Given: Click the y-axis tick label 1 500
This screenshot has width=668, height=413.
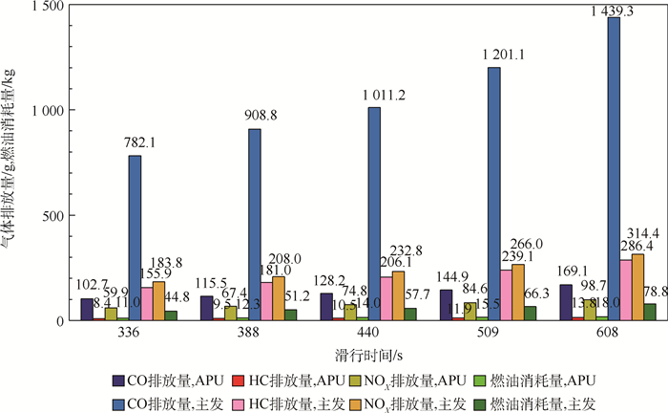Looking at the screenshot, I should click(43, 7).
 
